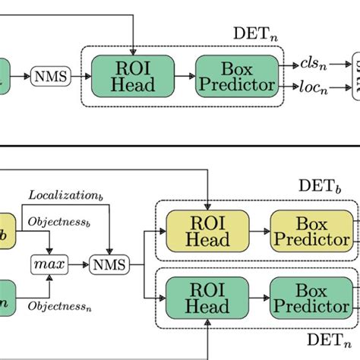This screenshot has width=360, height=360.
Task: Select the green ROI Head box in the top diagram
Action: [x=132, y=76]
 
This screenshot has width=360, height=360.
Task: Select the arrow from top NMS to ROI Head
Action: [x=80, y=77]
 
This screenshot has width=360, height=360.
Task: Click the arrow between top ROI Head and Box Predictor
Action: [x=185, y=76]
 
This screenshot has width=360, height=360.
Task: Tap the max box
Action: [x=49, y=264]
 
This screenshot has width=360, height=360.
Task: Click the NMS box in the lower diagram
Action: [x=109, y=264]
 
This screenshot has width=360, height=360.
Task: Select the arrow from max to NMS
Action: [x=77, y=264]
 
